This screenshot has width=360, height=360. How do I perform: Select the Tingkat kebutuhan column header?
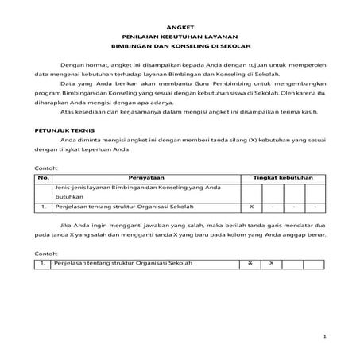[x=282, y=179]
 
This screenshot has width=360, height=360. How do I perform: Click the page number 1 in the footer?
[x=326, y=338]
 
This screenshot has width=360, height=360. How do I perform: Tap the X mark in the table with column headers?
[x=250, y=207]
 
